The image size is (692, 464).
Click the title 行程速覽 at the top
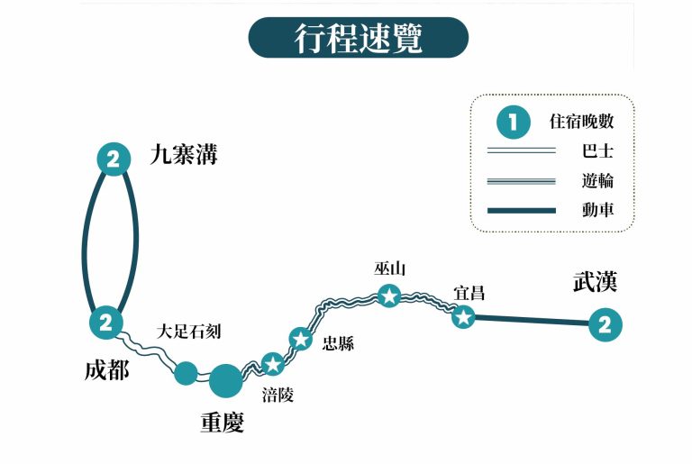pyautogui.click(x=359, y=40)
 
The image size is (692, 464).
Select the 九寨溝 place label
pyautogui.click(x=184, y=157)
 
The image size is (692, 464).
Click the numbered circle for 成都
pyautogui.click(x=105, y=322)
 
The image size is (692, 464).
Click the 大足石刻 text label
pyautogui.click(x=188, y=332)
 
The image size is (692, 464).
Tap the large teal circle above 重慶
pyautogui.click(x=225, y=380)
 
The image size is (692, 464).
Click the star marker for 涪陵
pyautogui.click(x=273, y=364)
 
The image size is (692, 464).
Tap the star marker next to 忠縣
pyautogui.click(x=301, y=339)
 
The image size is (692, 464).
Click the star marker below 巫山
pyautogui.click(x=389, y=295)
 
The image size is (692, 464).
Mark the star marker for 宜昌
pyautogui.click(x=463, y=316)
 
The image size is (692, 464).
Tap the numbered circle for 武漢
pyautogui.click(x=605, y=324)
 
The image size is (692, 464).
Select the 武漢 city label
pyautogui.click(x=596, y=282)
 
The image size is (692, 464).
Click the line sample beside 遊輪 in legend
pyautogui.click(x=522, y=181)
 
